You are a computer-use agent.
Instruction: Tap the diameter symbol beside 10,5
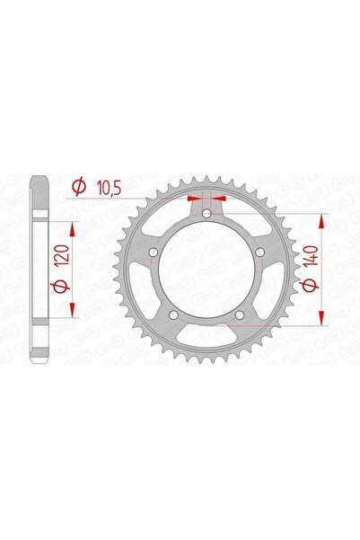coord(79,186)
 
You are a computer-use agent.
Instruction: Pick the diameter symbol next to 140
coord(312,289)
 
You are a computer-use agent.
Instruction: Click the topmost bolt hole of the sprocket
coord(207,214)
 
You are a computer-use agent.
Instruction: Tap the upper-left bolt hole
coord(154,252)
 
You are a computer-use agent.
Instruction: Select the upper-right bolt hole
coord(259,252)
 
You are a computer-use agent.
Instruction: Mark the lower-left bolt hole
coord(174,314)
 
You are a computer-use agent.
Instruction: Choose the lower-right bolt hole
coord(240,314)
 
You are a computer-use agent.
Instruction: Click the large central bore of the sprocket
coord(207,270)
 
